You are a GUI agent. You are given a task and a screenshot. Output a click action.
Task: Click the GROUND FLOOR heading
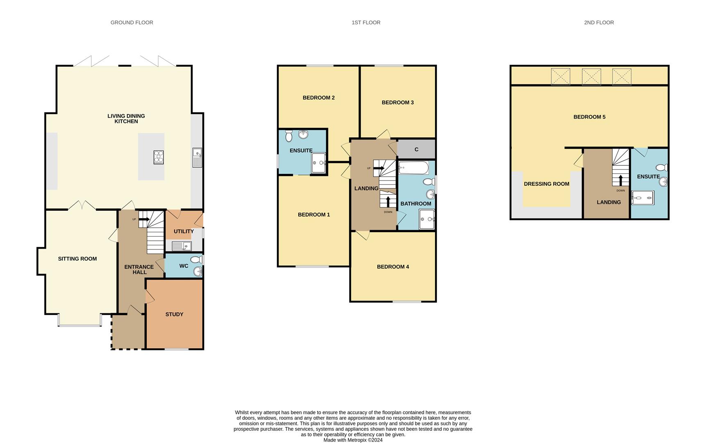(x=132, y=23)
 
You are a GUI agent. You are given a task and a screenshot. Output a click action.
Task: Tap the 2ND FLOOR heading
(x=599, y=23)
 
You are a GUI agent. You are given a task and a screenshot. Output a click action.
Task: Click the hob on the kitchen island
(x=159, y=157)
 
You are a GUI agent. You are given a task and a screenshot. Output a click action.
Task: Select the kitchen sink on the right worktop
(x=197, y=158)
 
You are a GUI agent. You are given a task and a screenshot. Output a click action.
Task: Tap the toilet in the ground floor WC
(x=197, y=260)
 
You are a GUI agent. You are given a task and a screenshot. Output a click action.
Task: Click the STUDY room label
(x=174, y=314)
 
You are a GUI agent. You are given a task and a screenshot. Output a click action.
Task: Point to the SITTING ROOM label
(x=77, y=259)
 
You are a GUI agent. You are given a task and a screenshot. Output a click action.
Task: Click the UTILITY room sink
(x=181, y=246)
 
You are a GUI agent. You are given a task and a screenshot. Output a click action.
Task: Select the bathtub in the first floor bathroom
(x=413, y=167)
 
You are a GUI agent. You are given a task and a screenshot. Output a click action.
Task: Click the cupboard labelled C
(x=416, y=149)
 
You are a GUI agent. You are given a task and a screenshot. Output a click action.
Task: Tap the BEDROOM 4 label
(x=393, y=267)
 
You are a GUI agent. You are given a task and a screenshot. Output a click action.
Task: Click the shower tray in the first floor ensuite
(x=319, y=163)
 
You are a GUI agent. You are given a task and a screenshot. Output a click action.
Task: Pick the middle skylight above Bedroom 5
(x=591, y=77)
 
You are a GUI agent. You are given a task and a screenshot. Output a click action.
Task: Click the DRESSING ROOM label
(x=547, y=184)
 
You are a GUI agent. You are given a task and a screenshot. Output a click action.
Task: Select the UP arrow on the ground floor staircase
(x=143, y=219)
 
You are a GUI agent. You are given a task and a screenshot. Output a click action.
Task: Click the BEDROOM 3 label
(x=397, y=103)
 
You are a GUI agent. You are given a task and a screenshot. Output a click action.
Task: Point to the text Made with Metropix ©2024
(x=353, y=440)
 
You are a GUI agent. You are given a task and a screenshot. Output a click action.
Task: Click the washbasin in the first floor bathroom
(x=431, y=194)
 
